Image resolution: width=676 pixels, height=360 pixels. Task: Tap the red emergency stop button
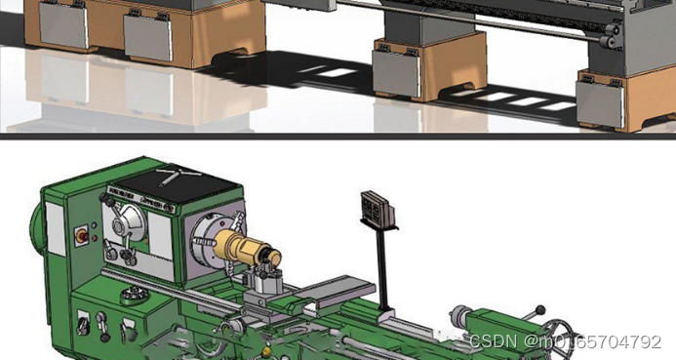click(x=81, y=236)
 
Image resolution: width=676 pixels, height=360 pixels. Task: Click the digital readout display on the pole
click(x=378, y=209)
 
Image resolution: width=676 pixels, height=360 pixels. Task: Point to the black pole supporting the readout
click(x=382, y=268)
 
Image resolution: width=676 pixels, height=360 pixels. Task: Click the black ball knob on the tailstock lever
click(x=540, y=309)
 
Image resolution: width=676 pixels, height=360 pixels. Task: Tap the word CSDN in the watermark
click(x=493, y=341)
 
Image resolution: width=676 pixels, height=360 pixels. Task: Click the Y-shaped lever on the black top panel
click(x=179, y=175)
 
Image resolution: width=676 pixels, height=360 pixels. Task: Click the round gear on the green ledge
click(x=135, y=296)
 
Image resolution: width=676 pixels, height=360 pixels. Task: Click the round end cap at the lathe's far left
click(x=36, y=228)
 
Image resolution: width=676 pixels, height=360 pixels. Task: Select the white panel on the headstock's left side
click(x=56, y=228)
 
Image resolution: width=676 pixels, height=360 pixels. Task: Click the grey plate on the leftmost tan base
click(x=63, y=25)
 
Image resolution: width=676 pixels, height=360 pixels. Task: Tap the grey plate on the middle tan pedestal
click(x=396, y=73)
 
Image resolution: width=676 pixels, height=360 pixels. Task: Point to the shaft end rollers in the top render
click(x=609, y=36)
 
